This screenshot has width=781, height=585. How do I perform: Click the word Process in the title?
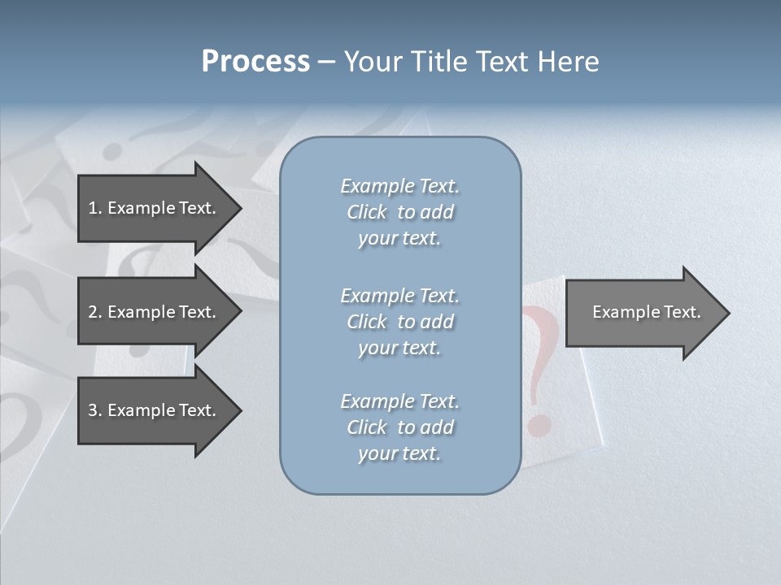(x=255, y=62)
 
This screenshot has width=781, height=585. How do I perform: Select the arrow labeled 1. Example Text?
(x=155, y=208)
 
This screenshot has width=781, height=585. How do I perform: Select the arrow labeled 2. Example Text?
(x=155, y=312)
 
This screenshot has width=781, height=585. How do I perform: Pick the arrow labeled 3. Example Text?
(x=155, y=410)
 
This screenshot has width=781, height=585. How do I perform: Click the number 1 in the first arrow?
(x=93, y=208)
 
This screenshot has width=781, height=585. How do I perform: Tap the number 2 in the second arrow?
(x=93, y=312)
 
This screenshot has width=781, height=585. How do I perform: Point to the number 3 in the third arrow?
(x=93, y=410)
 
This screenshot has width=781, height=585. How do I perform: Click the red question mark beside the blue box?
(x=541, y=366)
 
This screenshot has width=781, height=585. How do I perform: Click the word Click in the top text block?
(x=367, y=212)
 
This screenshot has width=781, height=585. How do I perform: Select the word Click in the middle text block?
(x=367, y=322)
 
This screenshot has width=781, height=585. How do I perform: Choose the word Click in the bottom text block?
(x=367, y=427)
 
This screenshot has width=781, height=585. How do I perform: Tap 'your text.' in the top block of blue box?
(x=399, y=239)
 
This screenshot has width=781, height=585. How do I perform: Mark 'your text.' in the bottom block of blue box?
(x=399, y=454)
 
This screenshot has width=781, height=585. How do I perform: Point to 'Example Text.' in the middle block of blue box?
(x=399, y=296)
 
